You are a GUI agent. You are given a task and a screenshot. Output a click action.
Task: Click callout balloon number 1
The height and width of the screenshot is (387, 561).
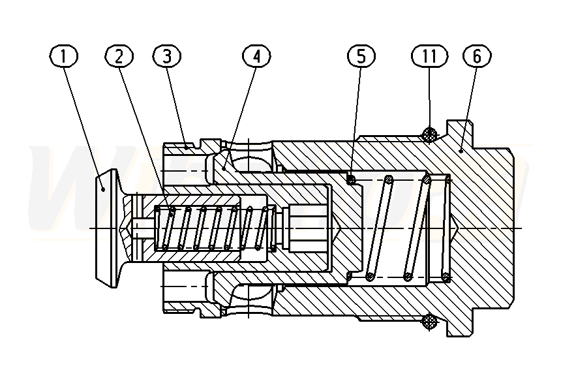coord(63,57)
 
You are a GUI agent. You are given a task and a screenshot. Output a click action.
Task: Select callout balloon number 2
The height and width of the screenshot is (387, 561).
coord(118,57)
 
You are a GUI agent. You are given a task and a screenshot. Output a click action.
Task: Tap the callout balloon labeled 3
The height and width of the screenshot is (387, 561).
coord(167,57)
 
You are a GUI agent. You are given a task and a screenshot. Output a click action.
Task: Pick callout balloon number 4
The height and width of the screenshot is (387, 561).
coord(256,57)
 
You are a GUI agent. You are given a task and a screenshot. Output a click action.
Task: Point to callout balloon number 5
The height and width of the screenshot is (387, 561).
coord(361,57)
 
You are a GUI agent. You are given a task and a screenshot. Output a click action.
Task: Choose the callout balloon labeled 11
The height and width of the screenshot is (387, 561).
coord(429,57)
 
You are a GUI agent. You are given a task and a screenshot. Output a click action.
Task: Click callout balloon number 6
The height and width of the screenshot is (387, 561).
coord(477,57)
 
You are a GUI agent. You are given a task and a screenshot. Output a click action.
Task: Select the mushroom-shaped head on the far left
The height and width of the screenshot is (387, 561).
coord(107,227)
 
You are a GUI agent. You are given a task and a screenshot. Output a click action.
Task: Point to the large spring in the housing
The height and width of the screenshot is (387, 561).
coord(398,227)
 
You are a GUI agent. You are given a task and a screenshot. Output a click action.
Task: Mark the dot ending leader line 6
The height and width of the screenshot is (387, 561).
coord(461,150)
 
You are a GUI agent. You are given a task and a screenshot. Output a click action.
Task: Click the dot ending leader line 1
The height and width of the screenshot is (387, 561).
coord(104,189)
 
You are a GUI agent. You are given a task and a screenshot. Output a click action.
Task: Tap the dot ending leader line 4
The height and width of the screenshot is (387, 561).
coord(224,167)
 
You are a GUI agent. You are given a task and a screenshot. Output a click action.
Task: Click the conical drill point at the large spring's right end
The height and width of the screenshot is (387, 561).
coord(457,228)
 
